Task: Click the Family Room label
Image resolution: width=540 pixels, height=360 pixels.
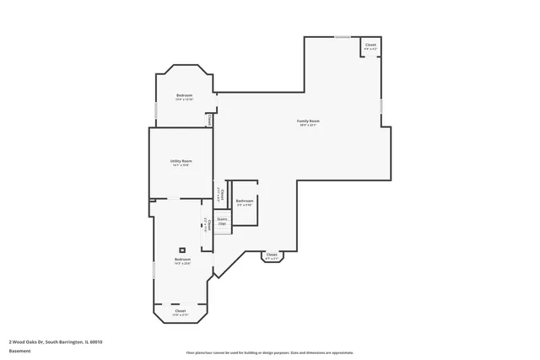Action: (x=308, y=121)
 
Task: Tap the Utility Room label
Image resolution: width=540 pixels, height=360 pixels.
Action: (x=181, y=161)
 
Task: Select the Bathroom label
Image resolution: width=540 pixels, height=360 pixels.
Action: (x=244, y=201)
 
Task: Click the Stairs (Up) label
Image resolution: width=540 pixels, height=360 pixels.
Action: (x=222, y=221)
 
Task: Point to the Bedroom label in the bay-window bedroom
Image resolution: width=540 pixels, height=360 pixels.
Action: (x=184, y=95)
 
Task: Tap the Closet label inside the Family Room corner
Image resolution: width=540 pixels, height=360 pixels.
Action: (x=370, y=45)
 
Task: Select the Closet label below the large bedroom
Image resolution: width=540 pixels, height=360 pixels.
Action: (x=181, y=311)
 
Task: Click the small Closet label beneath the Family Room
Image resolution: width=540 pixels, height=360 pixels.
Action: (x=271, y=255)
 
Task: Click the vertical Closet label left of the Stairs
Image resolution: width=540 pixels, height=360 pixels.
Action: (x=208, y=223)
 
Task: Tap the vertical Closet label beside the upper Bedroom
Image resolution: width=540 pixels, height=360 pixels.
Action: (x=210, y=120)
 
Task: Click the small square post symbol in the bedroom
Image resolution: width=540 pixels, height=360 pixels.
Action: (x=182, y=250)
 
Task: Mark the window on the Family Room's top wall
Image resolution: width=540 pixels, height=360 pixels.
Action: (x=342, y=36)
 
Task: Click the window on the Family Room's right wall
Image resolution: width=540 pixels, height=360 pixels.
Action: (x=381, y=107)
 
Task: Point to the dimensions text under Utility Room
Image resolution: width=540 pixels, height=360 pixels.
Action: (x=181, y=165)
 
